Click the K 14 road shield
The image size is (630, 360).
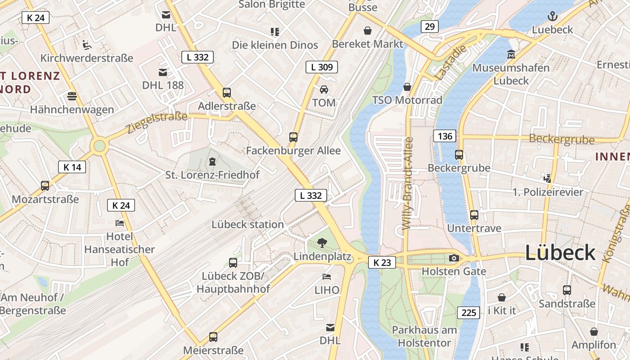tap(72, 167)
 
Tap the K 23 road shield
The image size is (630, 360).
tap(382, 262)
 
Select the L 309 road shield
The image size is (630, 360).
tap(322, 67)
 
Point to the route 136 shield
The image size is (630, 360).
tap(445, 135)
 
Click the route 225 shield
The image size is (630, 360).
tap(468, 312)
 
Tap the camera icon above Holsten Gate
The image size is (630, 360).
tap(454, 258)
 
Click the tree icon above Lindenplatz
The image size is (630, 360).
tap(322, 243)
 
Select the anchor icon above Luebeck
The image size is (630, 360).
tap(552, 17)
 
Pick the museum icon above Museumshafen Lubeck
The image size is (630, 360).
tap(511, 54)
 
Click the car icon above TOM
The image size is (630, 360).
tap(324, 89)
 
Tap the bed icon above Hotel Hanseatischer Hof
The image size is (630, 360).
tap(120, 223)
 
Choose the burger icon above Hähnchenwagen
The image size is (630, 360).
tap(72, 96)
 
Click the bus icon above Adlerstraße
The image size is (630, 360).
tap(227, 93)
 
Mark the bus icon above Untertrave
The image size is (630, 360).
tap(474, 215)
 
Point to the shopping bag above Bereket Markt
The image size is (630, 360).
tap(368, 31)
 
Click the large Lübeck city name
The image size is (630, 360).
tap(560, 253)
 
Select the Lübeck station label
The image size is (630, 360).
tap(247, 224)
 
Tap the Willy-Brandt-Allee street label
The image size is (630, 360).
tap(409, 184)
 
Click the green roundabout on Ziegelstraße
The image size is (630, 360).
tap(99, 146)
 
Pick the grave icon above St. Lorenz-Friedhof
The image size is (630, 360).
tap(212, 161)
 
